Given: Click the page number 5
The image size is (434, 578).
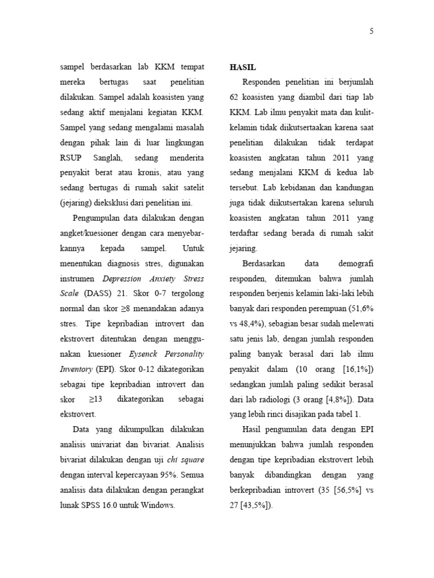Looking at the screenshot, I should [372, 32].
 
